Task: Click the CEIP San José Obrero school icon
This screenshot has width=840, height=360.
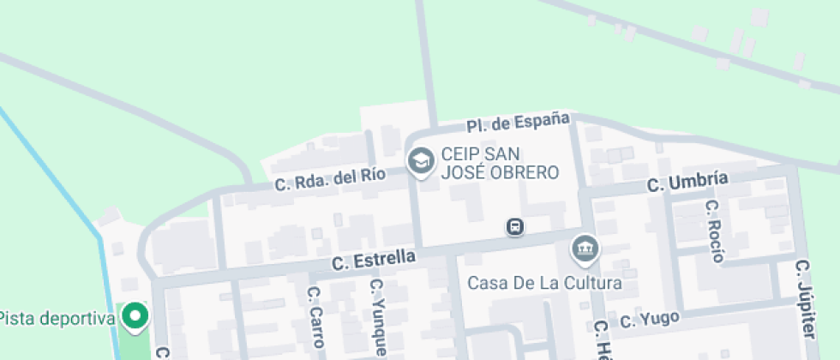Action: tap(420, 160)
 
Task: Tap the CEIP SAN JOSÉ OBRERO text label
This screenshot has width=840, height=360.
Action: tap(500, 163)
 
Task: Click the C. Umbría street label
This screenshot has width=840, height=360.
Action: tap(687, 182)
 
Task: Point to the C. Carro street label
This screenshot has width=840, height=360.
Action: tap(315, 317)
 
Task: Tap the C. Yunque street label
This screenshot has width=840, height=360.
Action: tap(377, 317)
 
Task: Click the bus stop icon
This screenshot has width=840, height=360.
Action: tap(516, 227)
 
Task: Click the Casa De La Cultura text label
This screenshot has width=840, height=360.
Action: tap(544, 283)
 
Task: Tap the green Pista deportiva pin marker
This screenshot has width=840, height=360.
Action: tap(135, 317)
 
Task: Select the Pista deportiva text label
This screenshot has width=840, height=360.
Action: tap(57, 319)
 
